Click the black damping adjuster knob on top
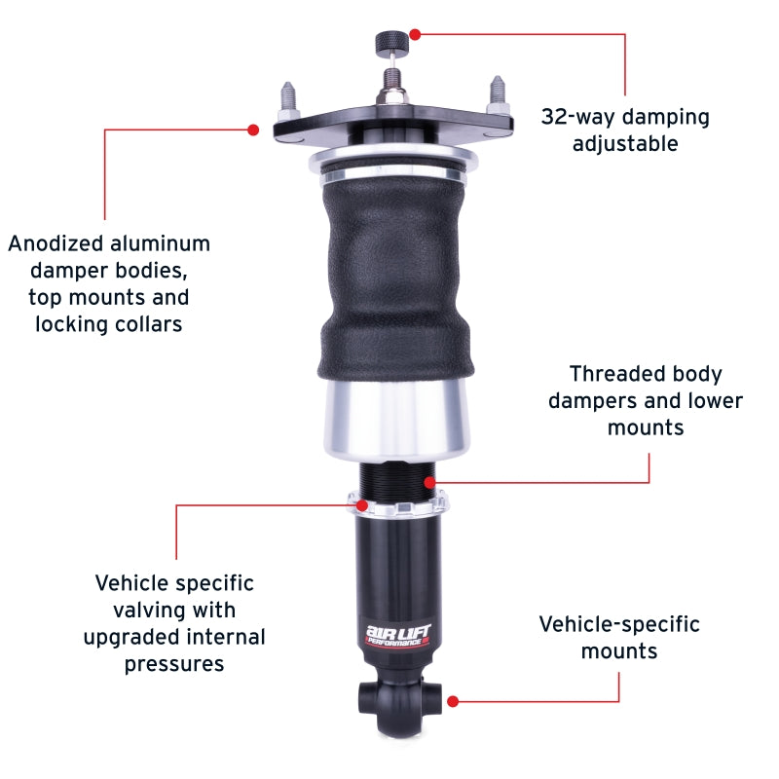pos(388,44)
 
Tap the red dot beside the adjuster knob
pos(415,33)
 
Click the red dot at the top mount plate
pos(253,129)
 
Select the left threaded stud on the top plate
pos(289,100)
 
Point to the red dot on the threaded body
pos(429,480)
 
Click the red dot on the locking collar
pos(362,504)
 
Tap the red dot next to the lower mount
pos(452,699)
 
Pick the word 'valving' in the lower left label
pos(157,611)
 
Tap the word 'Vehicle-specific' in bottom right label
pos(619,624)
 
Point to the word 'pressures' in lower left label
pos(174,664)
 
